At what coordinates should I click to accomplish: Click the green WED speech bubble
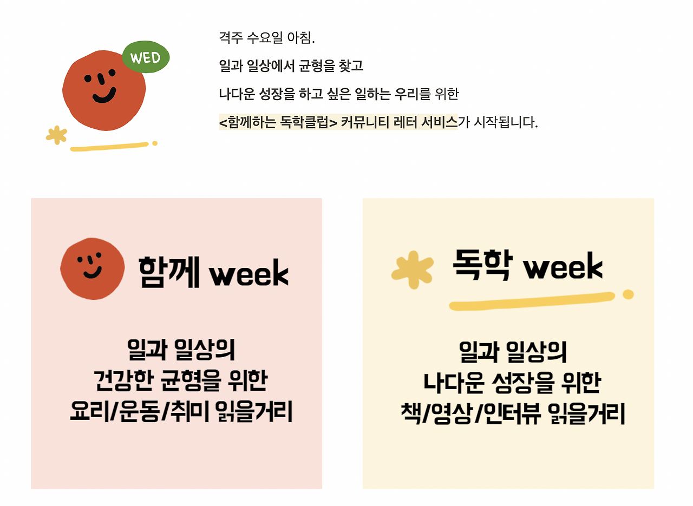point(146,57)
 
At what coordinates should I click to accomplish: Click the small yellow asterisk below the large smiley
point(56,135)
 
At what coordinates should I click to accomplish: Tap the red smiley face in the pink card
point(93,268)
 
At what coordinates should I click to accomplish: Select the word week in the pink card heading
point(249,274)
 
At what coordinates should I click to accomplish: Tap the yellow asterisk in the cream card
point(413,269)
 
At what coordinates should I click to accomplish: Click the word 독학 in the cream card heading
point(482,265)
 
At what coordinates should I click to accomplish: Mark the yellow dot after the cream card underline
point(628,294)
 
